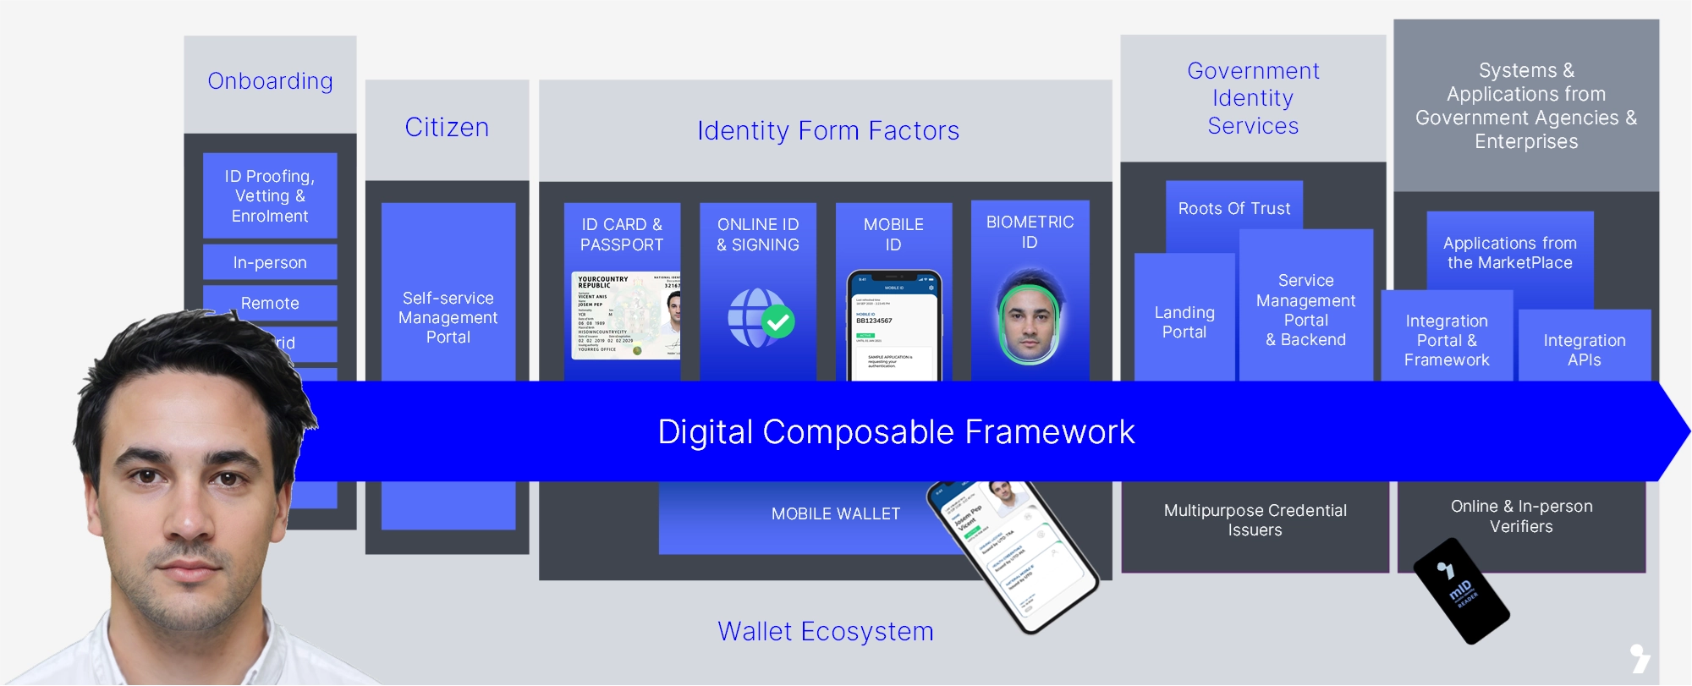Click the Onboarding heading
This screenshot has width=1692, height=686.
[x=270, y=81]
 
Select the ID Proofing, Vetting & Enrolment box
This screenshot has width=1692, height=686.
[x=270, y=195]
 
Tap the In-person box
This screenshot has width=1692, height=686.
[x=270, y=262]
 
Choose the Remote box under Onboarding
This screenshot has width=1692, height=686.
[x=270, y=303]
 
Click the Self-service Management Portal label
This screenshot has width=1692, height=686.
[x=448, y=317]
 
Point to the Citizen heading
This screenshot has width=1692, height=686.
[x=447, y=127]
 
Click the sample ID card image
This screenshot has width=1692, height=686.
[x=625, y=316]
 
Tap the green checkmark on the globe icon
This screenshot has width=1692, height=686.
[x=778, y=321]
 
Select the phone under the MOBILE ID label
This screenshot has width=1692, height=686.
[x=894, y=326]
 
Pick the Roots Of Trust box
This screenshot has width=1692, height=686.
[x=1233, y=208]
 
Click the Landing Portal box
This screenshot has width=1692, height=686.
[x=1184, y=322]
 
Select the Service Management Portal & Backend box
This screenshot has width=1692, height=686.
[x=1305, y=310]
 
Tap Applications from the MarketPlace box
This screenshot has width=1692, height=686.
[x=1509, y=253]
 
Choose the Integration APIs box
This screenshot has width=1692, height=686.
[x=1584, y=349]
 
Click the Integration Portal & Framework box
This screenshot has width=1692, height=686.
[x=1447, y=340]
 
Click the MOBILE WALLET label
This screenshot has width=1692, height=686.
[x=835, y=513]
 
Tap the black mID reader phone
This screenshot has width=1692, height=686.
[x=1461, y=591]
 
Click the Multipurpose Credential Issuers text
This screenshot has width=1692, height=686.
[x=1255, y=520]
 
